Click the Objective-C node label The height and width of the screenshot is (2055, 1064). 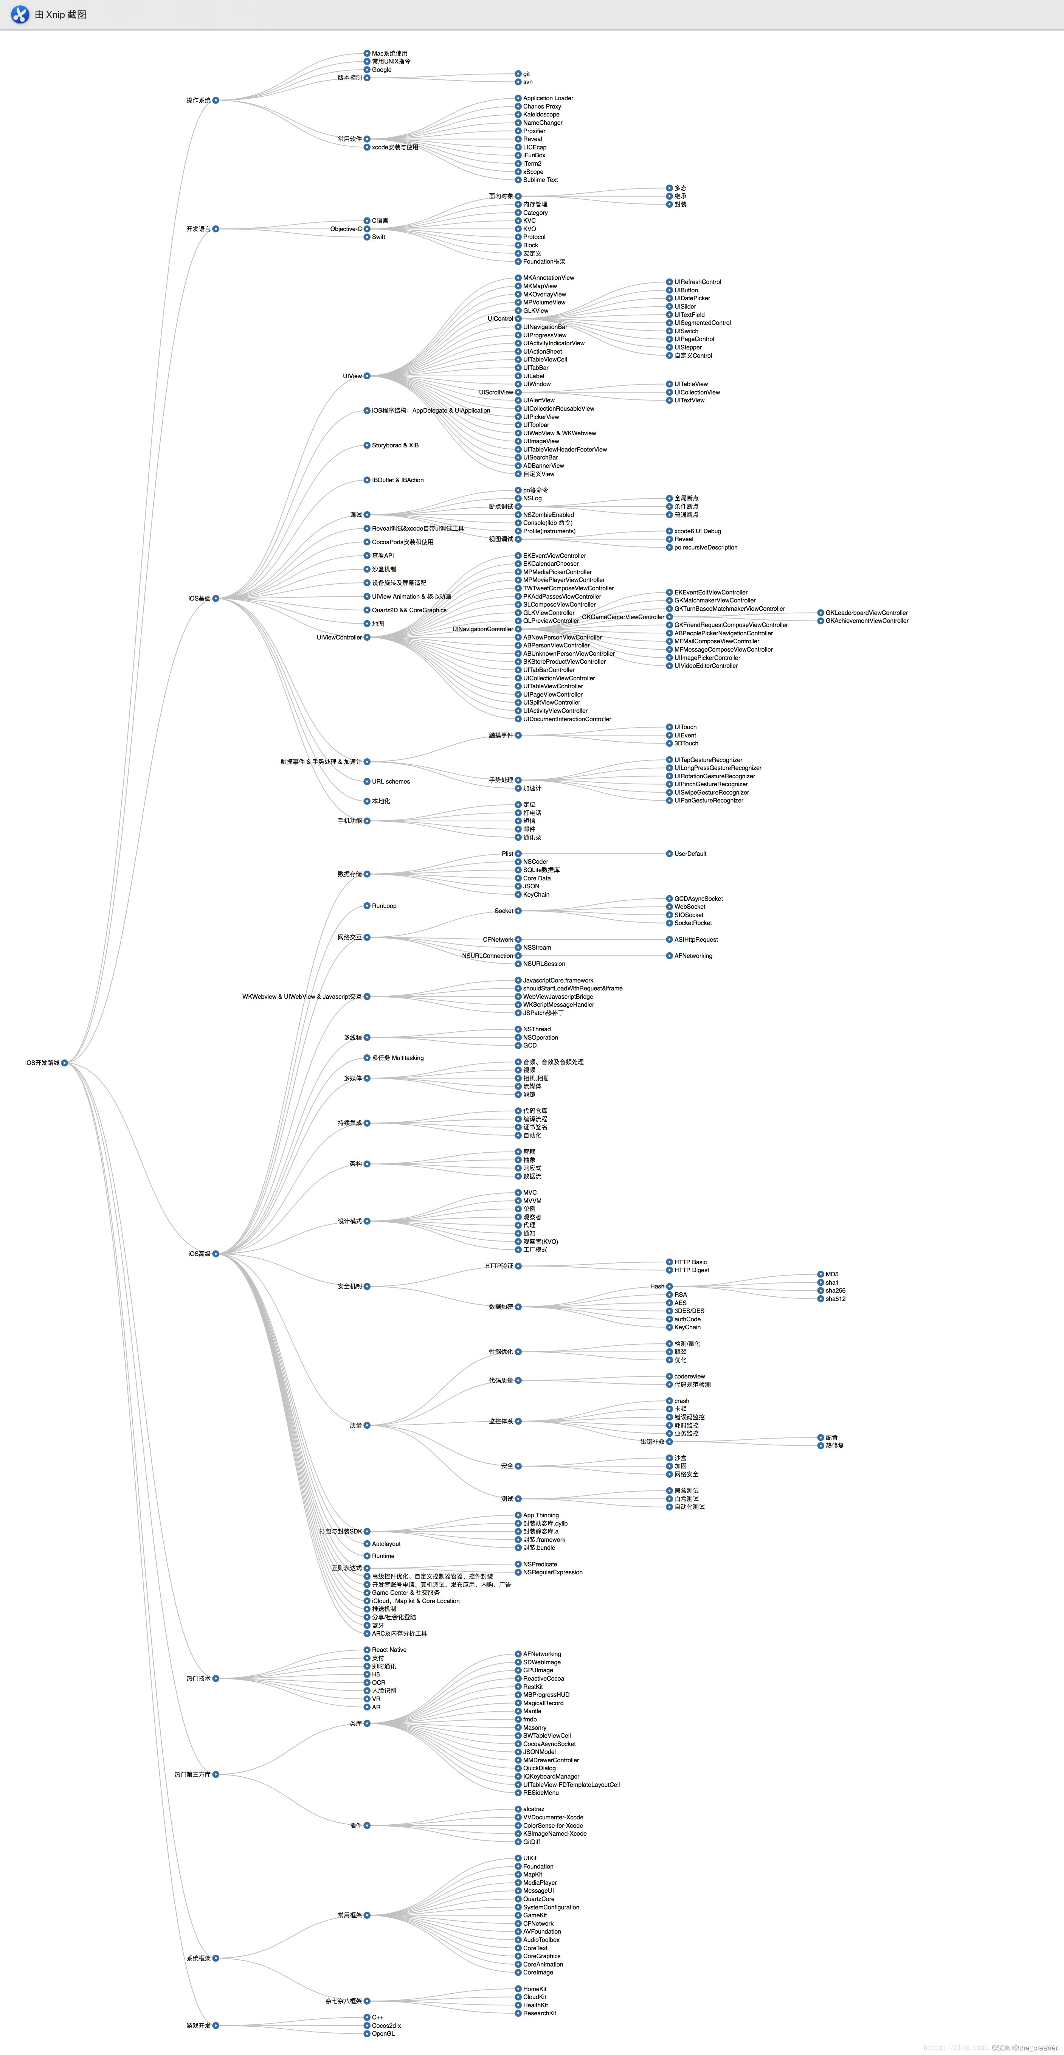click(345, 229)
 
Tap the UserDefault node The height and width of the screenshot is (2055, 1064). click(690, 854)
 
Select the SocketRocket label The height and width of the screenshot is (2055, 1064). click(692, 923)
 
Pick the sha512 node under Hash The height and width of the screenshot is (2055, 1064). click(835, 1299)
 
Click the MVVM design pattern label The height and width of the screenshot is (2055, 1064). click(532, 1201)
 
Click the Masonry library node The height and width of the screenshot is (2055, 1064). click(534, 1727)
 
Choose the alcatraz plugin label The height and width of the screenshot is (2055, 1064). click(534, 1809)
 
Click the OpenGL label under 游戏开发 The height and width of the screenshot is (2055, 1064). click(383, 2033)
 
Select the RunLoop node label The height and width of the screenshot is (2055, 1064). click(384, 905)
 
